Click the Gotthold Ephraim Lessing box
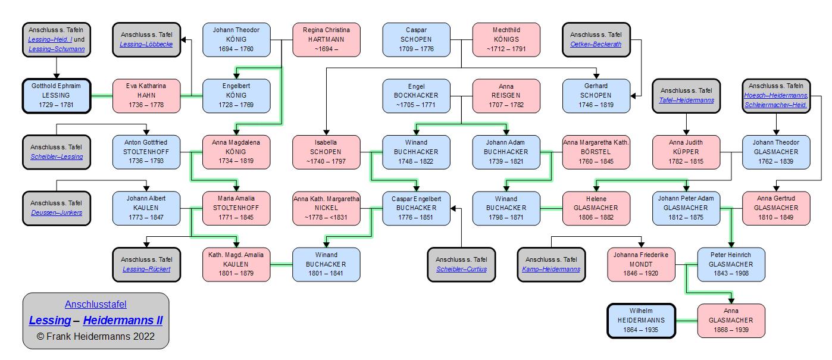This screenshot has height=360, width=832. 57,95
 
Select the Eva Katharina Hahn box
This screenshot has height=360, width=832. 146,95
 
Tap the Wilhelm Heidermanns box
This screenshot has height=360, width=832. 642,321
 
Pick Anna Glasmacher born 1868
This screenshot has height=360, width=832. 731,321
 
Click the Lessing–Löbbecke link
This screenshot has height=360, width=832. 146,45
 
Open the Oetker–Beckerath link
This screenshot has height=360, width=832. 596,45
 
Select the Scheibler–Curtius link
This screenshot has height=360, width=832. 461,269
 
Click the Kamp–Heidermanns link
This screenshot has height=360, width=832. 551,269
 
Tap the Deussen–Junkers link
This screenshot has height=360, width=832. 57,212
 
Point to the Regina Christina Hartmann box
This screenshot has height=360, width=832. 326,40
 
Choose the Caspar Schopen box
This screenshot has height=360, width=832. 416,40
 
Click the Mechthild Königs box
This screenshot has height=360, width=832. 506,40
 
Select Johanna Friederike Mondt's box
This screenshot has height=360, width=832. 642,264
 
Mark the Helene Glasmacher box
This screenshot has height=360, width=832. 596,208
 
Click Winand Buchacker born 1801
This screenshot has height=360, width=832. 326,264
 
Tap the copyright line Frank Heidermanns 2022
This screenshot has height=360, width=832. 96,336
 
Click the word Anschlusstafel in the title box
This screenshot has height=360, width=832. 96,305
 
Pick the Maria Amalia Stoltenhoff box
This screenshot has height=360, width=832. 236,208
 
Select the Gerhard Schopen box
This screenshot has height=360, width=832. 596,95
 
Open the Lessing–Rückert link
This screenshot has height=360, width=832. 146,269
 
